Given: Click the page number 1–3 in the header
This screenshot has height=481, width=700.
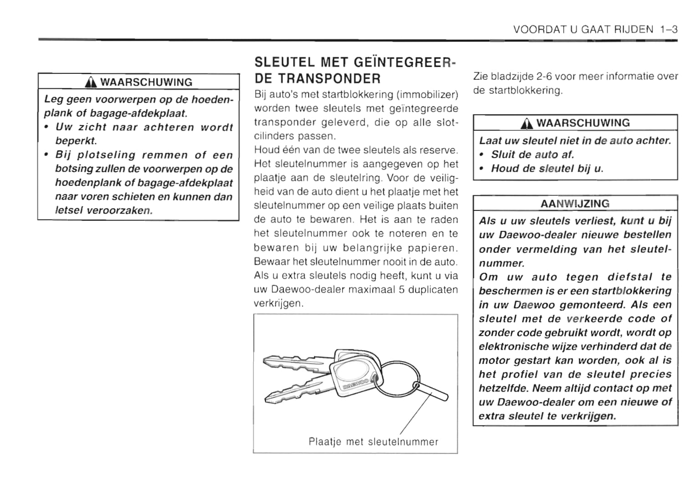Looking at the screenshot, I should (x=669, y=30).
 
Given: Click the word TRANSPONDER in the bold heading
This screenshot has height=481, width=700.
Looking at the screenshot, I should (x=317, y=78).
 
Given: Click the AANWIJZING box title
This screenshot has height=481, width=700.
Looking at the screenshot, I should (x=575, y=204).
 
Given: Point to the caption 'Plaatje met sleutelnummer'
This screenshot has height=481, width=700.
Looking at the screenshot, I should (x=373, y=441).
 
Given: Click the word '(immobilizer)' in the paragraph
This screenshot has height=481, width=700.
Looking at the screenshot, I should (x=427, y=95).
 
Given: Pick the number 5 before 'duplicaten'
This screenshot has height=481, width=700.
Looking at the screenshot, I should (x=401, y=290).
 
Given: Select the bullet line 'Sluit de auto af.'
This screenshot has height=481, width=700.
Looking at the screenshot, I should (x=532, y=154).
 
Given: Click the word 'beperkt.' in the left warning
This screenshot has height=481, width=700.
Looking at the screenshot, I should (x=76, y=141).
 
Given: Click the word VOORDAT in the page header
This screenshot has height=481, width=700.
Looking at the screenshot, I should (x=539, y=30).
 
